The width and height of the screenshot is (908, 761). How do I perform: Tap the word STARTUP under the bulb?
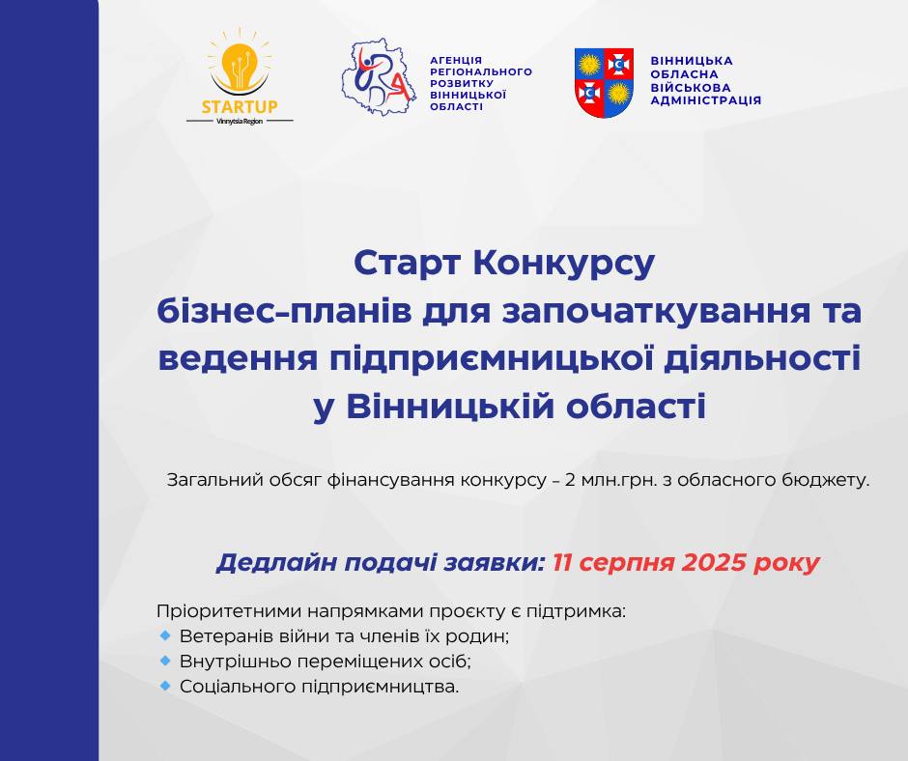click(240, 106)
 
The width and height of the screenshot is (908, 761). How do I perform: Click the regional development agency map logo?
click(379, 77)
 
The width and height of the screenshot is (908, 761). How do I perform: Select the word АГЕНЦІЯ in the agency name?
click(456, 60)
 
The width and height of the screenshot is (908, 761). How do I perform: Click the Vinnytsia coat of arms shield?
click(604, 83)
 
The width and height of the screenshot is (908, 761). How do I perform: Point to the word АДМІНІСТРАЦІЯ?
click(705, 100)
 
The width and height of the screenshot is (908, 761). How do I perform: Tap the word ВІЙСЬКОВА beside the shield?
click(691, 88)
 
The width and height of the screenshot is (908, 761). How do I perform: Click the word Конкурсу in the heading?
click(563, 264)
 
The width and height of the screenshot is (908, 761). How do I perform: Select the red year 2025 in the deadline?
click(714, 563)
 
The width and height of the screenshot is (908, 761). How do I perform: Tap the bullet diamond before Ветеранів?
click(165, 635)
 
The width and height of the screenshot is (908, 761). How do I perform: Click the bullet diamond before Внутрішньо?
click(165, 661)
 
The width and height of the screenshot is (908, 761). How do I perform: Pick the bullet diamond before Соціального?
click(165, 686)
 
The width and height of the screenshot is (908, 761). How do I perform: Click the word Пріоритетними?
click(229, 612)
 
